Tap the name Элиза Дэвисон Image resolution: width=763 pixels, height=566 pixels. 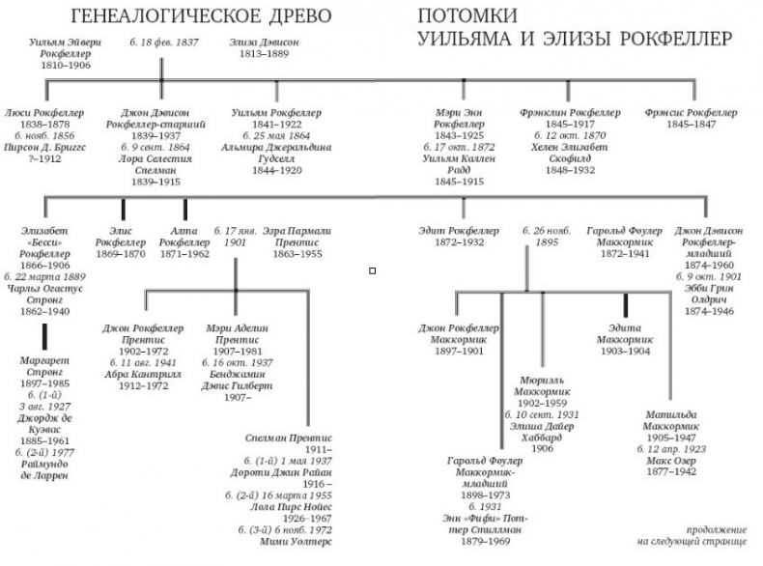tap(264, 42)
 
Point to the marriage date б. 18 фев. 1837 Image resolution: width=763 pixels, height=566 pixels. tap(159, 42)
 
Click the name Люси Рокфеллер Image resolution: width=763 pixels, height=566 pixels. tap(44, 113)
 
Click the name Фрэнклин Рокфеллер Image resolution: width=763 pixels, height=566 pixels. tap(569, 113)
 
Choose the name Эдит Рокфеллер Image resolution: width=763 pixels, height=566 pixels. tap(459, 231)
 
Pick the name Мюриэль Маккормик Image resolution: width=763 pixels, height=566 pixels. tap(546, 386)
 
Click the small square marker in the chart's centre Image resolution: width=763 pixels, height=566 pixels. tap(372, 270)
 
